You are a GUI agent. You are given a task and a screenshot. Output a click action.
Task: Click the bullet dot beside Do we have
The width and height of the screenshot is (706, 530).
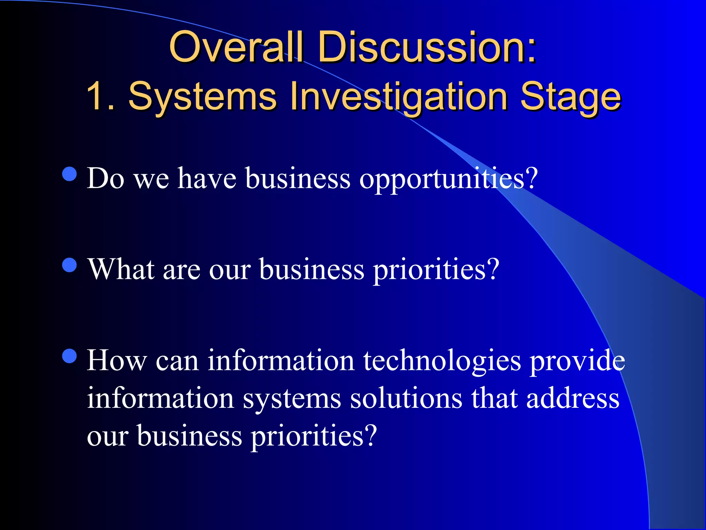click(70, 174)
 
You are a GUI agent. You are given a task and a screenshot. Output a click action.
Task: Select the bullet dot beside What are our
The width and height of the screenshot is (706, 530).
click(70, 265)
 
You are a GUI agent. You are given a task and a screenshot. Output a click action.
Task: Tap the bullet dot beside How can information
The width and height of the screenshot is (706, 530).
click(70, 356)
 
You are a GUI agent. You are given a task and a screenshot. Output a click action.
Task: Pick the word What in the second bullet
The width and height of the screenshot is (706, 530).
click(121, 269)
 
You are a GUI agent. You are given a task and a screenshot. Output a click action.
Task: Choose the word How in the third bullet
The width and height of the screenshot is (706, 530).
click(117, 361)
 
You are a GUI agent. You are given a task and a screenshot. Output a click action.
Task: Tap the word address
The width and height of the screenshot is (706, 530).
click(573, 399)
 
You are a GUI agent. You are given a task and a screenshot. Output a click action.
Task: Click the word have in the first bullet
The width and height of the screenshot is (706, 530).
click(207, 179)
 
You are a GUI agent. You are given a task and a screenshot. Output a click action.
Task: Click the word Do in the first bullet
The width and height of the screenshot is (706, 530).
click(105, 179)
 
